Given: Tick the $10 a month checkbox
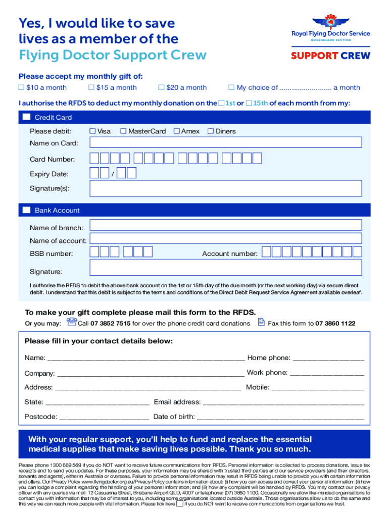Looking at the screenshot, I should [x=22, y=88].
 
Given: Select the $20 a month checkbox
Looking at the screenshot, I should [x=162, y=88].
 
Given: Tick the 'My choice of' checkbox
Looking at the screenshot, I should [x=232, y=88].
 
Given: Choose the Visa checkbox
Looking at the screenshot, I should [x=92, y=131].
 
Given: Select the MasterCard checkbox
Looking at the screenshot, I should [x=123, y=131].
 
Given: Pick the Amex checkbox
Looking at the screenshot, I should [x=176, y=131].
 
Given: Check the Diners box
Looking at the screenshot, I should [x=211, y=131].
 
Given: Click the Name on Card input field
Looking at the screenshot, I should [x=225, y=142].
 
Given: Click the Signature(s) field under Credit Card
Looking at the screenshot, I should [x=225, y=189].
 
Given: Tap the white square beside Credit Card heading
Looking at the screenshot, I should [x=27, y=118].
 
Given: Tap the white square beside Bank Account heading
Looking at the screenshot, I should [x=27, y=210].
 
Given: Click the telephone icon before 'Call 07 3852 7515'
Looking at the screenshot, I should [x=71, y=322].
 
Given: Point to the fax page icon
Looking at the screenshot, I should [x=261, y=322].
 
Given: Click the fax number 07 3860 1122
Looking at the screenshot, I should [x=335, y=324].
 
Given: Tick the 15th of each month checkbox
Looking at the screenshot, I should [x=249, y=104].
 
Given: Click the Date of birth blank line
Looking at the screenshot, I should [x=280, y=417].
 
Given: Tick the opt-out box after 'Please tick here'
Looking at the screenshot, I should [x=180, y=503].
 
